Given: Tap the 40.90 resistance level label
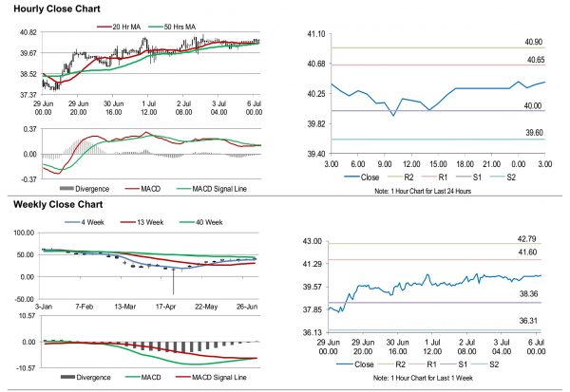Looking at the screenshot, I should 533,43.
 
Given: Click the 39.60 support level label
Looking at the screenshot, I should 533,134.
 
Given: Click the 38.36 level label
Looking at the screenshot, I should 533,295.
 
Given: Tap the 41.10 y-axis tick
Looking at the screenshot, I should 314,34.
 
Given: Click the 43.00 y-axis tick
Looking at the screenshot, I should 314,242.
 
